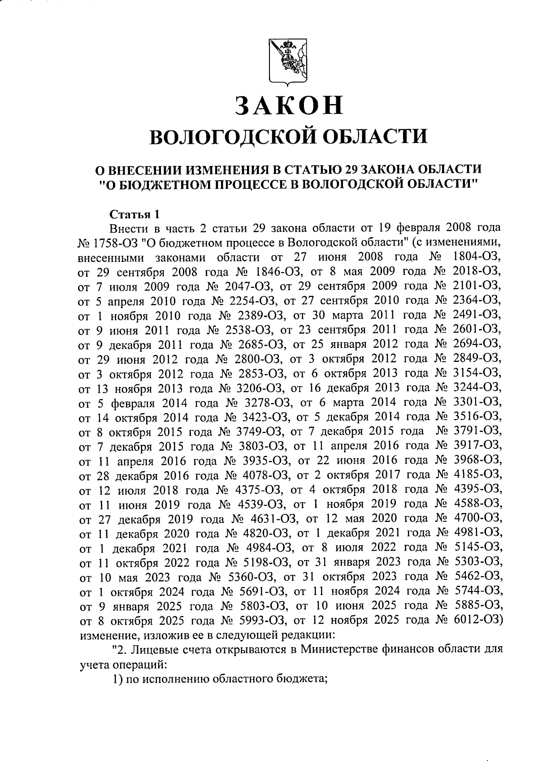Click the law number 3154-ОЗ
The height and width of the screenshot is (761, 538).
coord(477,373)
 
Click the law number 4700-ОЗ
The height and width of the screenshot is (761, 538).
coord(477,519)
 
